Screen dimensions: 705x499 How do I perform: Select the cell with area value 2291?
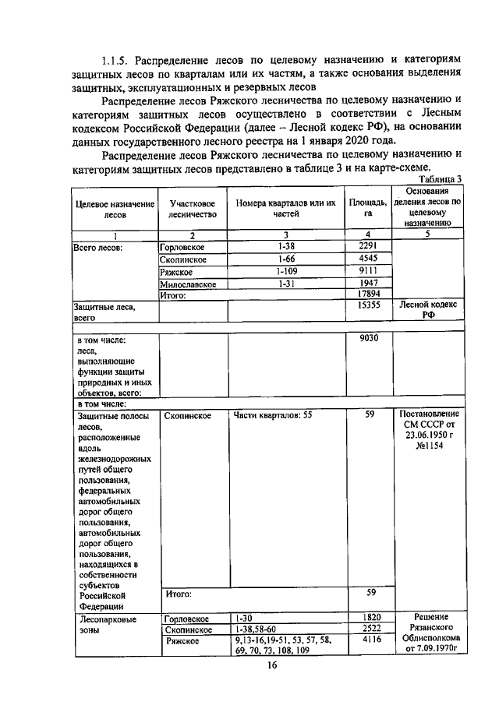[368, 246]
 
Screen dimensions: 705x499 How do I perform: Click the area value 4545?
[368, 258]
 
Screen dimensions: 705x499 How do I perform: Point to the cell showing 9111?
[368, 270]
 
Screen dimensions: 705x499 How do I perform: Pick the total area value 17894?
[368, 294]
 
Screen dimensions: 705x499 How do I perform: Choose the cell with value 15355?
[368, 307]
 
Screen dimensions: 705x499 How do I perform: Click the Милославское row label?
[188, 284]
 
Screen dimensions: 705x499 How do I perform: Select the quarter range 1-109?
[286, 270]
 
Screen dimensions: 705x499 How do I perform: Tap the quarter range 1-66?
[286, 258]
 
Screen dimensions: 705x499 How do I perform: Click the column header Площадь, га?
[368, 208]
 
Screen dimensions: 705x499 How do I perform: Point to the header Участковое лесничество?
[193, 208]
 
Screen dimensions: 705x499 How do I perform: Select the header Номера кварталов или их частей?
[286, 208]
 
